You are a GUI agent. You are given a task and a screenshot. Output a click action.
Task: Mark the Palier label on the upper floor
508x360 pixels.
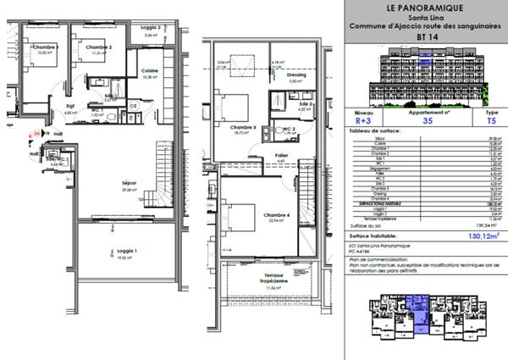pos(282,154)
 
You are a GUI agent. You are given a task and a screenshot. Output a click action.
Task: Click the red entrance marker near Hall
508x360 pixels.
pos(36,133)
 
